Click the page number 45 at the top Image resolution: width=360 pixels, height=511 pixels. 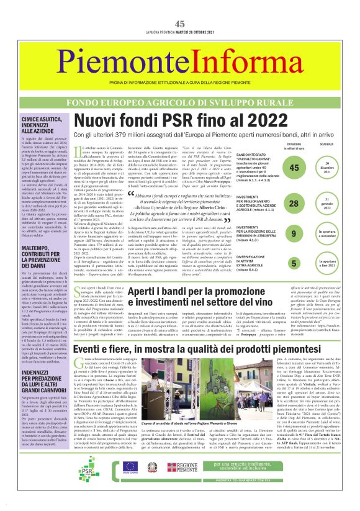(x=179, y=6)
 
